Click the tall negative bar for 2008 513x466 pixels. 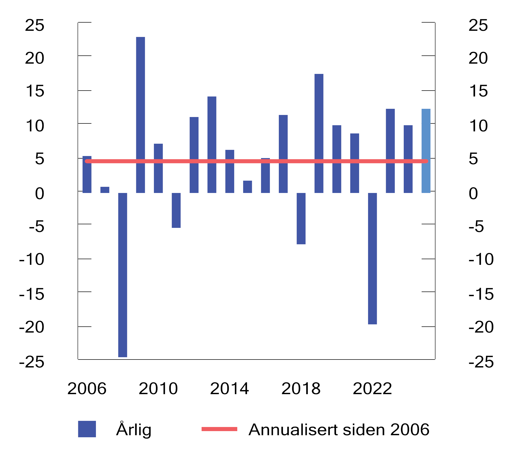pyautogui.click(x=123, y=275)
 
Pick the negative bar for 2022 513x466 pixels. pyautogui.click(x=372, y=258)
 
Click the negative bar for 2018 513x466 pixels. pyautogui.click(x=301, y=218)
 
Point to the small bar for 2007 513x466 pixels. pyautogui.click(x=105, y=190)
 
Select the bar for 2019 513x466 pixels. pyautogui.click(x=319, y=133)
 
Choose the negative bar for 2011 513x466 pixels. pyautogui.click(x=176, y=210)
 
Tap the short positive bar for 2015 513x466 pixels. pyautogui.click(x=248, y=187)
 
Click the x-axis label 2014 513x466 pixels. pyautogui.click(x=229, y=389)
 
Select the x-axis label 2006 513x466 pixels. pyautogui.click(x=87, y=389)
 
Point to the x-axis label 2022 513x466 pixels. pyautogui.click(x=372, y=389)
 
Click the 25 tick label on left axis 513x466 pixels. pyautogui.click(x=35, y=25)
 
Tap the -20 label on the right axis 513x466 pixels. pyautogui.click(x=481, y=327)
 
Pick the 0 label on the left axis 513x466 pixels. pyautogui.click(x=40, y=193)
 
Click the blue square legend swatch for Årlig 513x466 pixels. pyautogui.click(x=87, y=429)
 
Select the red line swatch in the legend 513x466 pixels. pyautogui.click(x=219, y=429)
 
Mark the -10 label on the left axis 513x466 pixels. pyautogui.click(x=32, y=259)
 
